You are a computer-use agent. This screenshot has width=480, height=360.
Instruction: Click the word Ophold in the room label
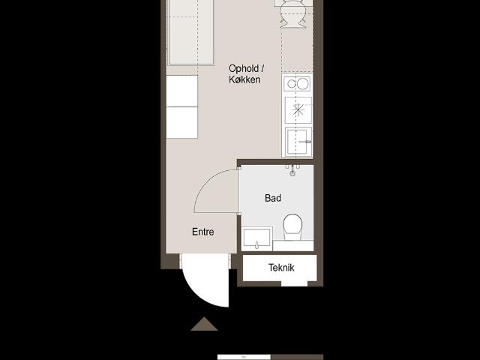click(x=243, y=68)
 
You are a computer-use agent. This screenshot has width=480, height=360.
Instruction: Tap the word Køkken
click(x=244, y=79)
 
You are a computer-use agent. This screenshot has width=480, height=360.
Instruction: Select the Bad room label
click(x=273, y=198)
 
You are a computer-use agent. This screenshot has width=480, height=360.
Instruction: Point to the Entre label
click(x=203, y=232)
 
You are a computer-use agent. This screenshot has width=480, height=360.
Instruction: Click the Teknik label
click(x=281, y=268)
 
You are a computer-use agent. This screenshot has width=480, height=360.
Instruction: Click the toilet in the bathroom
click(x=292, y=226)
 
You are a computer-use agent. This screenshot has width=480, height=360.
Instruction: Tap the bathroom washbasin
click(x=256, y=238)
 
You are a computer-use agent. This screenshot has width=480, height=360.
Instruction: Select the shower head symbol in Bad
click(x=292, y=170)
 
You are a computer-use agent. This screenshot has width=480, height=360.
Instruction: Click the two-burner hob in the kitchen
click(x=297, y=83)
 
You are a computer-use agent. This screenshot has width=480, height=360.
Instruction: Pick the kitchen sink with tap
click(x=298, y=142)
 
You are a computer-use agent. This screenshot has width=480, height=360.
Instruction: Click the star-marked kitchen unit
click(x=298, y=110)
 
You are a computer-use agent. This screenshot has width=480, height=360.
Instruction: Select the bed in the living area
click(x=191, y=32)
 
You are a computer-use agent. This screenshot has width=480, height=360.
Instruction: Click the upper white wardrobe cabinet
click(x=181, y=91)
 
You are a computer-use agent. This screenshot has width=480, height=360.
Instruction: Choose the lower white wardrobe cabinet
click(x=181, y=123)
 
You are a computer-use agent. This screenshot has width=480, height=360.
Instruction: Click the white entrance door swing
click(x=205, y=280)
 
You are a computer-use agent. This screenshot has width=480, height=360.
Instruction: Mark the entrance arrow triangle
click(x=204, y=324)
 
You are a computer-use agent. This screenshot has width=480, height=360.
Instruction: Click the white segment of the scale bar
click(x=244, y=357)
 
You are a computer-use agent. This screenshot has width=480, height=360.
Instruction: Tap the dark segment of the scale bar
click(x=297, y=357)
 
